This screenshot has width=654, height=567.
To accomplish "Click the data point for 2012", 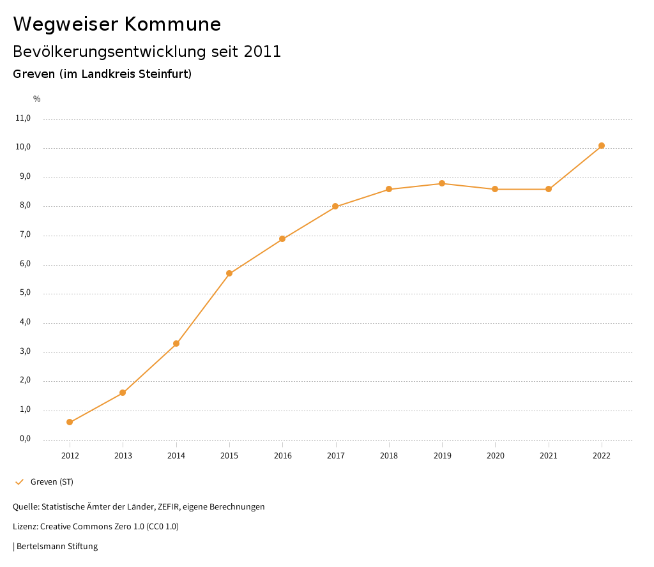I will coord(70,422).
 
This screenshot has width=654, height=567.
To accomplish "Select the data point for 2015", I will coord(229,273).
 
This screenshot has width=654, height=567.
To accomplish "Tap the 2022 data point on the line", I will coord(602,146).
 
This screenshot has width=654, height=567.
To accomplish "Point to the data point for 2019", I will coord(442,183).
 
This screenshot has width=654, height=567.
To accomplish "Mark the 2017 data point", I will coord(335,206).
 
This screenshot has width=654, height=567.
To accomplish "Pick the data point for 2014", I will coord(176,344).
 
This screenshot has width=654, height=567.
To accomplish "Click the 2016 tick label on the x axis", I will coord(282,456).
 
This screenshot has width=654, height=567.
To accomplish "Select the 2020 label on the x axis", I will coord(495,456).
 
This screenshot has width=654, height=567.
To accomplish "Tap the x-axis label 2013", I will coord(123,456).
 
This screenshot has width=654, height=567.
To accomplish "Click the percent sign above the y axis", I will coord(37,99).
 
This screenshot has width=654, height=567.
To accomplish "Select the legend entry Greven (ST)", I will coord(52,482).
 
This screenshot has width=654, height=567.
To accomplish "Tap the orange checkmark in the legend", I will coord(19,482).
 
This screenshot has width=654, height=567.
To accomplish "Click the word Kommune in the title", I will coord(172,24).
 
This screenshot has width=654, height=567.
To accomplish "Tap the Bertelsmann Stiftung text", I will coord(57,547).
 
